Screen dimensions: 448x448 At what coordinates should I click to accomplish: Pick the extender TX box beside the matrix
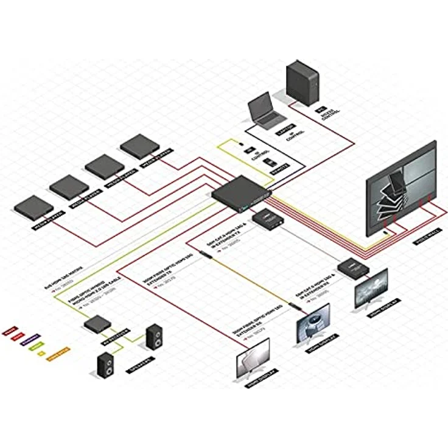(x=267, y=219)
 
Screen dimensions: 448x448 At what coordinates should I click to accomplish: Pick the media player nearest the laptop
(x=139, y=147)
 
